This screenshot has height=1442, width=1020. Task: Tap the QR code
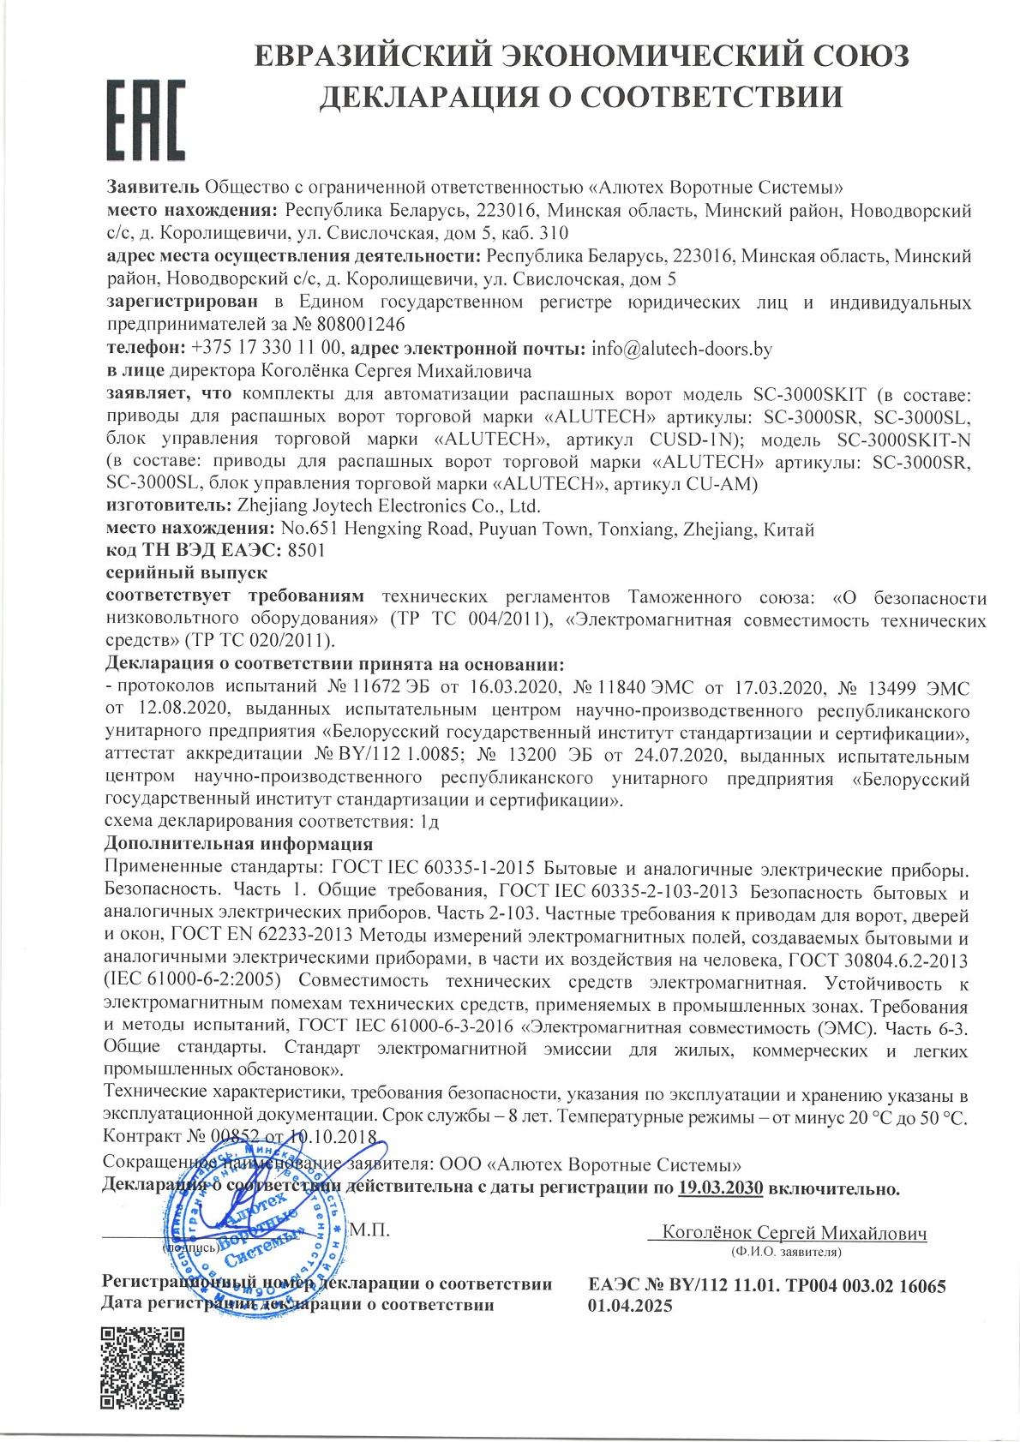pos(143,1367)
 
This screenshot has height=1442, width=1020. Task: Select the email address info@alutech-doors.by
pos(681,349)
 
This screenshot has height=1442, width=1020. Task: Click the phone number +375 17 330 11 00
pos(267,349)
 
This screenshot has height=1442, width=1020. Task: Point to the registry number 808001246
pos(361,326)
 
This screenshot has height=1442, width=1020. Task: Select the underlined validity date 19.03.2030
pos(720,1188)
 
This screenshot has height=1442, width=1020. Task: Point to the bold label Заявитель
pos(153,187)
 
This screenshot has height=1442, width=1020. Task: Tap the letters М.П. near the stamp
pos(369,1231)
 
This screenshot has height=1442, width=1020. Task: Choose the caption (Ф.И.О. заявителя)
pos(786,1252)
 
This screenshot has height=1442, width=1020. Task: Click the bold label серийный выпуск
pos(186,572)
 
